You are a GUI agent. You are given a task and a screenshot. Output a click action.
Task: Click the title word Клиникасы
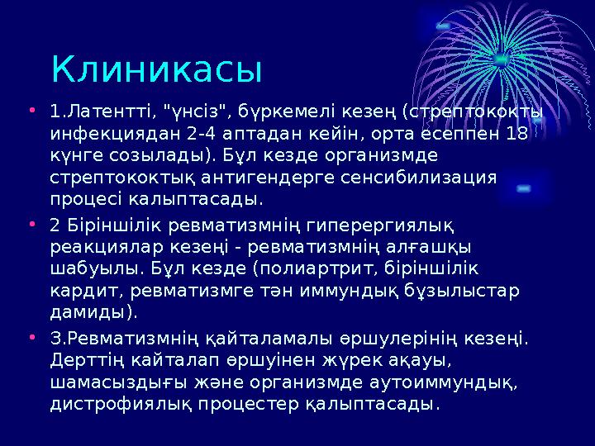(155, 69)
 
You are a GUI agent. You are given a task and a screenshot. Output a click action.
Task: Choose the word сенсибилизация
(426, 178)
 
